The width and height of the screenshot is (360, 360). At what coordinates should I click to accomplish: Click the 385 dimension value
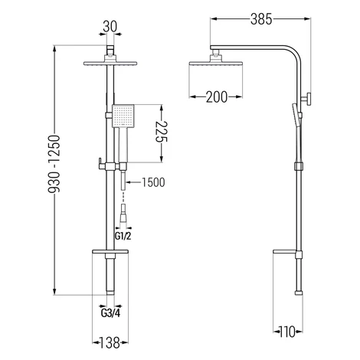click(261, 19)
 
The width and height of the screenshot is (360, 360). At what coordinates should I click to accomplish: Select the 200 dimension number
click(216, 97)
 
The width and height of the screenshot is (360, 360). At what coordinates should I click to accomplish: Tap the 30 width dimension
click(110, 26)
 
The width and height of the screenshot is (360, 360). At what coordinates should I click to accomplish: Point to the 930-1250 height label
click(54, 164)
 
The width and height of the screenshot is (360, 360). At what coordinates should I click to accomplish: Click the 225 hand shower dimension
click(162, 131)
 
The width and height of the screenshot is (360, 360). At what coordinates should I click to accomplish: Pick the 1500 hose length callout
click(153, 182)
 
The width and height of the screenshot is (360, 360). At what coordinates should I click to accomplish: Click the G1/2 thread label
click(123, 237)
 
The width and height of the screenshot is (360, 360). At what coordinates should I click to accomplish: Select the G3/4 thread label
click(110, 313)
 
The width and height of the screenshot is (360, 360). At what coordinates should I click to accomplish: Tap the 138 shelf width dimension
click(110, 342)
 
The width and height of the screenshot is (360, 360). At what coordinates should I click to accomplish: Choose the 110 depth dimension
click(287, 332)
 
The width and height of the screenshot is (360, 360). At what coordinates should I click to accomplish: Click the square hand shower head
click(123, 116)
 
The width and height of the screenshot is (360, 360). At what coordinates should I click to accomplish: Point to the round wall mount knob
click(306, 99)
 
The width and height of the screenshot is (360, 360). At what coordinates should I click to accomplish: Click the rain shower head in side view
click(216, 61)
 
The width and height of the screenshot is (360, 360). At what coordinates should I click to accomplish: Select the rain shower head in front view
click(110, 62)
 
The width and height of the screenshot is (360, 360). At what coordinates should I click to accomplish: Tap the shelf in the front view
click(110, 252)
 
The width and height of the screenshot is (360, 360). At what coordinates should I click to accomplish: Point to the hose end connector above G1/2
click(123, 214)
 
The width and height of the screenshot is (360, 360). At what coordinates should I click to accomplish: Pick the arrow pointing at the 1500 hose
click(133, 182)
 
